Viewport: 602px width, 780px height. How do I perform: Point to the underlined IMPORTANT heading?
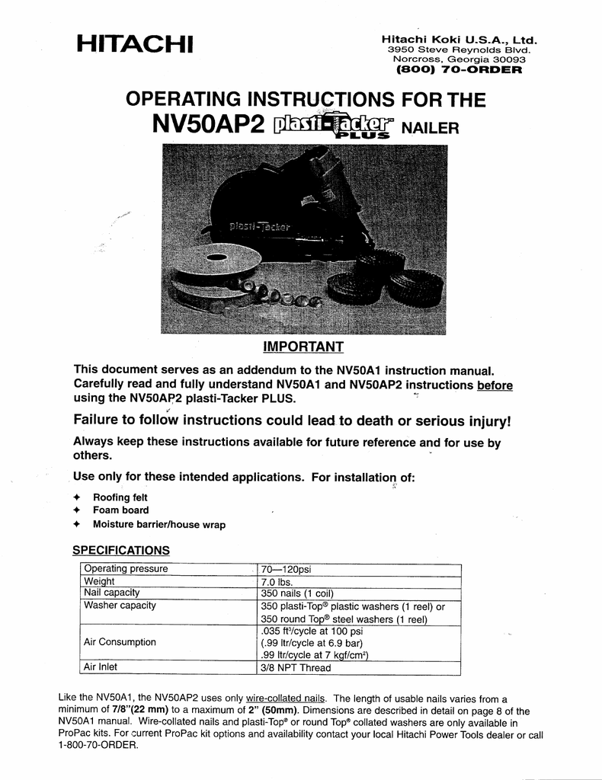click(303, 347)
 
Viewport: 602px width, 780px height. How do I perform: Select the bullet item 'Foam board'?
click(120, 510)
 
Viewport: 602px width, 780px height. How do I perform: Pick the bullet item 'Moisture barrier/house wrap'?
click(159, 525)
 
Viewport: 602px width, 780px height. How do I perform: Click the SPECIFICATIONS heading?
click(120, 550)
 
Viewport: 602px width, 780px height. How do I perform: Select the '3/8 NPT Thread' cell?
click(296, 668)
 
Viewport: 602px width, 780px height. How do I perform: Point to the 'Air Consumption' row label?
click(120, 642)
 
